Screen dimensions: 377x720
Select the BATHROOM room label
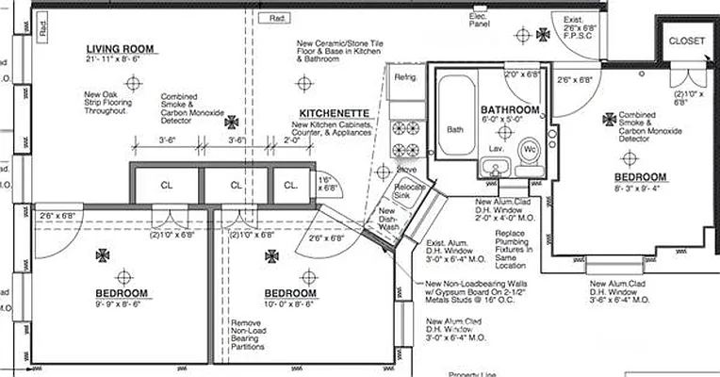509,110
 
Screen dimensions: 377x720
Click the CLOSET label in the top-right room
686,41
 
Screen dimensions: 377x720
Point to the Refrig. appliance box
405,77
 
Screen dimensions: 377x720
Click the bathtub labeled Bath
455,129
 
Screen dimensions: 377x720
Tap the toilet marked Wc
529,150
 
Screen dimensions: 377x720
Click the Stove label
406,170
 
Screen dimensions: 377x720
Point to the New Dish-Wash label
388,220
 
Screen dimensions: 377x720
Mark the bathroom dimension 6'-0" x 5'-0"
509,121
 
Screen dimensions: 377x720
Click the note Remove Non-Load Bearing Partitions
254,337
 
